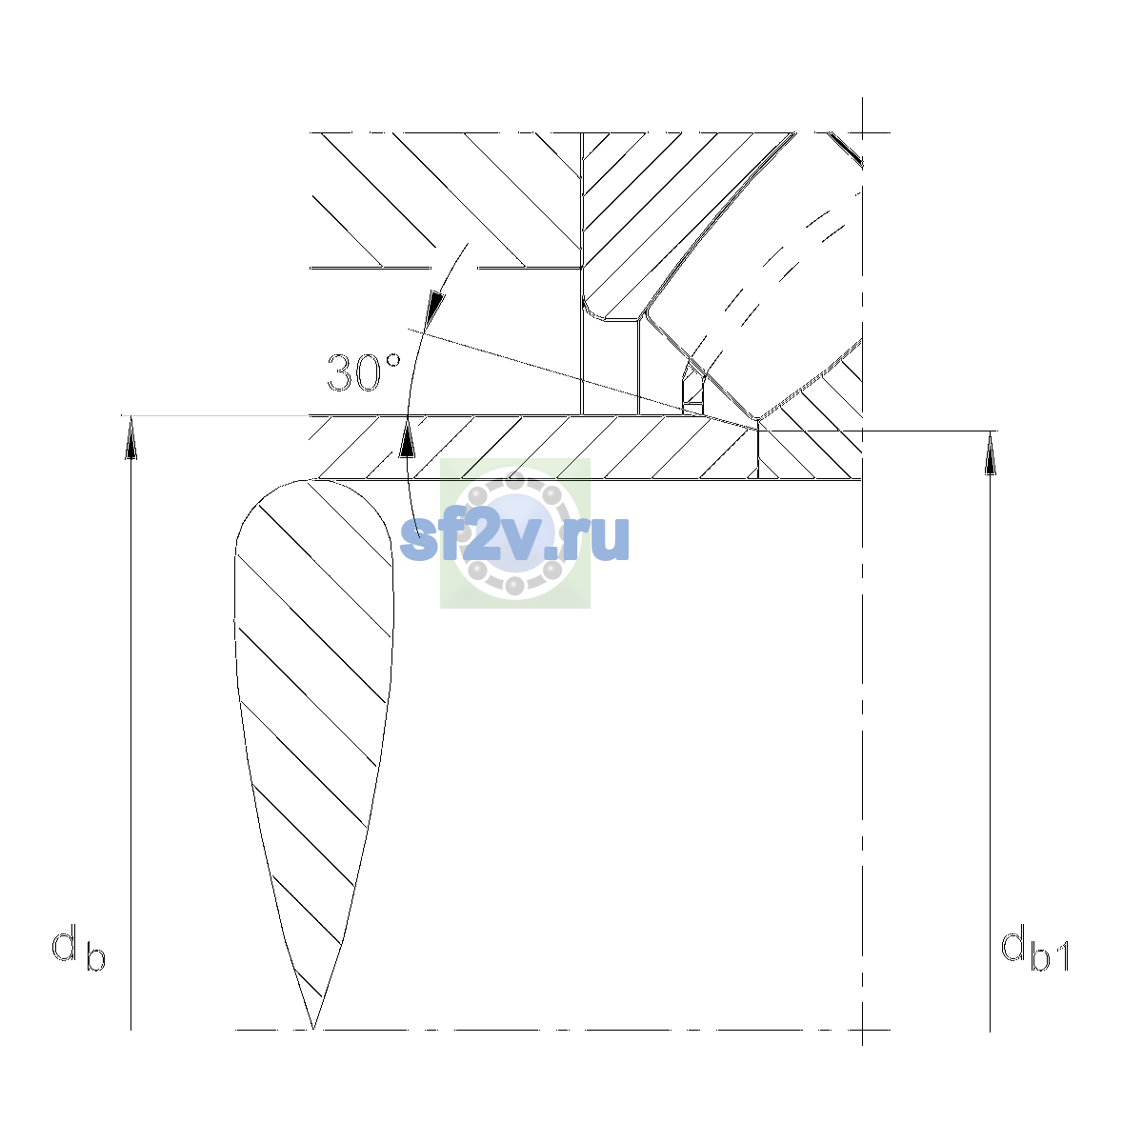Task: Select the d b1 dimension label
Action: click(x=1035, y=950)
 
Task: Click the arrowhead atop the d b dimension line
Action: click(x=131, y=436)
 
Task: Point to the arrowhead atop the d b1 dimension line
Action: click(x=990, y=453)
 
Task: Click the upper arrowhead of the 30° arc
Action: click(x=436, y=308)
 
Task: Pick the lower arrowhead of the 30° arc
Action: click(x=407, y=436)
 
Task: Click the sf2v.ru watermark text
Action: click(x=514, y=537)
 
